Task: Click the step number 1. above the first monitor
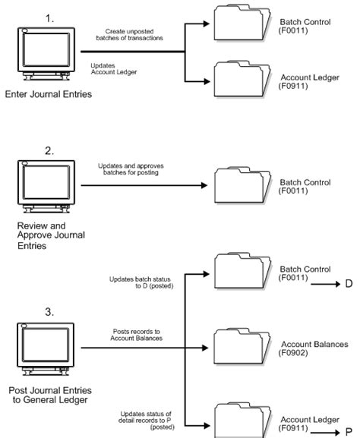point(50,19)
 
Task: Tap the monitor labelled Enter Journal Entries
point(46,54)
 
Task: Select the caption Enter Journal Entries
point(49,94)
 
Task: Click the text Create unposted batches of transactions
point(129,35)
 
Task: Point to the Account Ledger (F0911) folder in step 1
point(242,79)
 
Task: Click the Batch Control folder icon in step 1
point(242,23)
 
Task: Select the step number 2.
point(49,151)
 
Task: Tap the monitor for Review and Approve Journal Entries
point(46,186)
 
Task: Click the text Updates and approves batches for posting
point(131,169)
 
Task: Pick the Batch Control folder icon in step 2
point(242,185)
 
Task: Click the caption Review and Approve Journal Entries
point(51,235)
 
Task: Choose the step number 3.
point(49,312)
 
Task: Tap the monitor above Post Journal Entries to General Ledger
point(46,349)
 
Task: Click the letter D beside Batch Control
point(349,284)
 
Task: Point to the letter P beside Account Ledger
point(349,432)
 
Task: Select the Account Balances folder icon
point(242,346)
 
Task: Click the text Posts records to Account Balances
point(137,335)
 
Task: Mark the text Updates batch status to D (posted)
point(141,282)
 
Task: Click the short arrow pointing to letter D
point(326,284)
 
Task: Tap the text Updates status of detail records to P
point(146,420)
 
